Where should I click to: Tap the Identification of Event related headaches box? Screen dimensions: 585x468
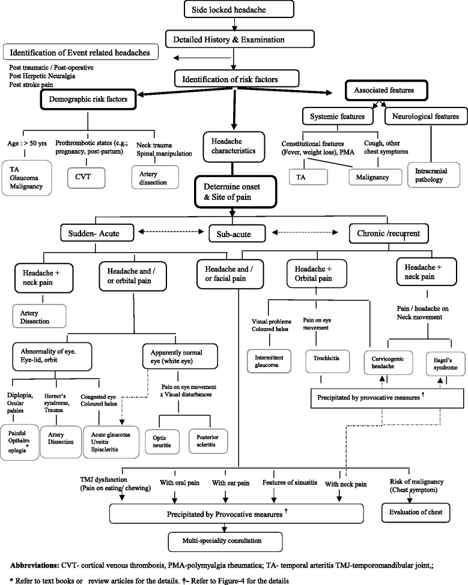pyautogui.click(x=81, y=52)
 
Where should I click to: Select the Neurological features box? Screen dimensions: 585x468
pyautogui.click(x=422, y=115)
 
